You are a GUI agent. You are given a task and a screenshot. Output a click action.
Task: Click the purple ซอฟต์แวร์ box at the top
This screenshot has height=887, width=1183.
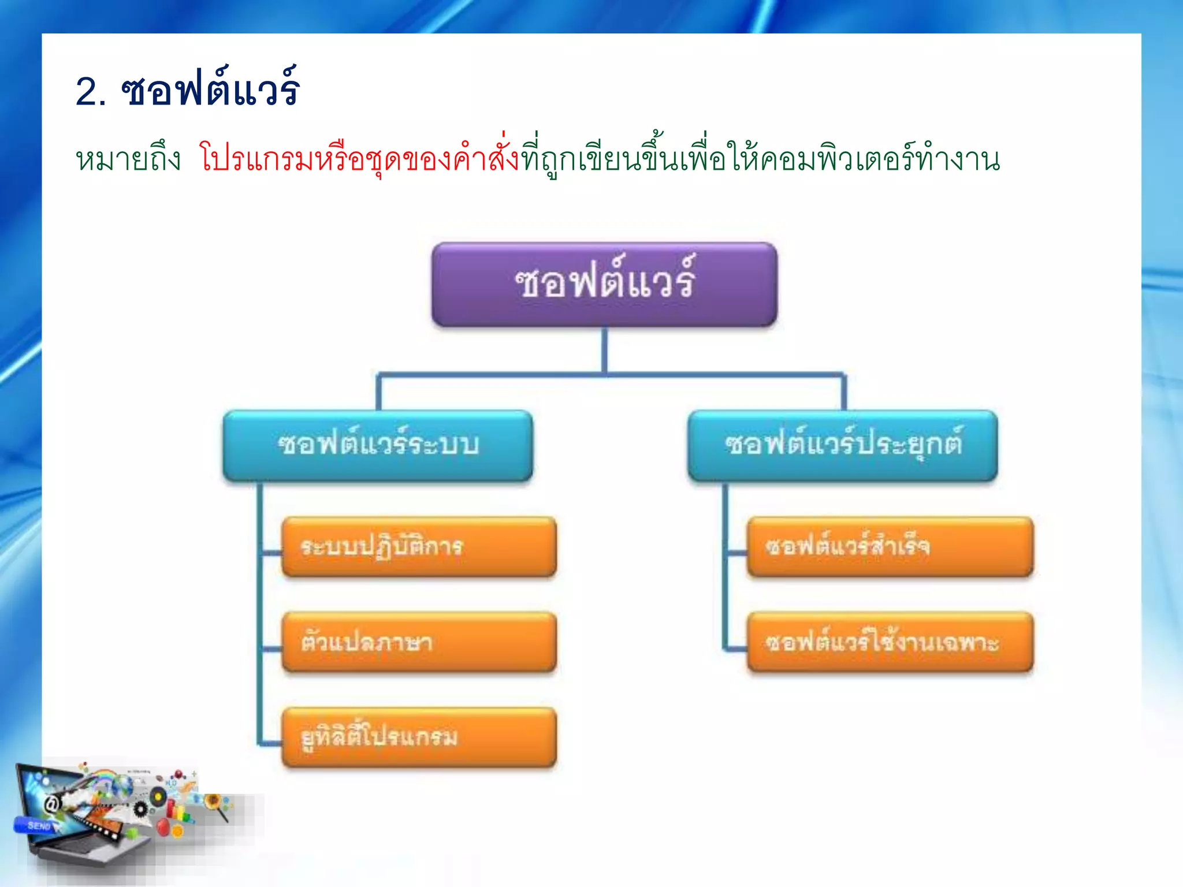click(604, 284)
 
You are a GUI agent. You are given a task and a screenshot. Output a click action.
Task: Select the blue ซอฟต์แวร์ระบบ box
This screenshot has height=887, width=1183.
click(378, 445)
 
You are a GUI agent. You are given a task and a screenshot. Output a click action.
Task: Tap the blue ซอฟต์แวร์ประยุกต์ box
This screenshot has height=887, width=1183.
click(843, 445)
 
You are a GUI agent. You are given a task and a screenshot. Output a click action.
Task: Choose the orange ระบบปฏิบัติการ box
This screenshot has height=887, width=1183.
click(419, 547)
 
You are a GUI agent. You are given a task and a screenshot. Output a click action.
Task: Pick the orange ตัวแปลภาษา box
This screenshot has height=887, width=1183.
click(419, 642)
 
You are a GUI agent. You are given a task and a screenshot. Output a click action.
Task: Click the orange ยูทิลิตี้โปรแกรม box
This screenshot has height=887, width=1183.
click(419, 737)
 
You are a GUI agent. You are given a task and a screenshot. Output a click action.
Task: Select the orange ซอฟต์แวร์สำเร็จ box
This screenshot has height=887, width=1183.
click(890, 547)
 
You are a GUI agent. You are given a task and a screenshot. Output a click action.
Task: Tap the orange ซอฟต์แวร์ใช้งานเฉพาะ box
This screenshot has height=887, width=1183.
click(890, 642)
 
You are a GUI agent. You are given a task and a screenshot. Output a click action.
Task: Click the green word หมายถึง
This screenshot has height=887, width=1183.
click(128, 159)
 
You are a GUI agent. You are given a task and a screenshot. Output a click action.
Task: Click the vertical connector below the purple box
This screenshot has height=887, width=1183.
click(604, 350)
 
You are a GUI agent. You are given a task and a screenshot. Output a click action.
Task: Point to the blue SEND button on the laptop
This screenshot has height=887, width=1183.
click(38, 826)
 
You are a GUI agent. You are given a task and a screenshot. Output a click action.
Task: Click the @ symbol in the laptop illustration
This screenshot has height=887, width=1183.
click(52, 804)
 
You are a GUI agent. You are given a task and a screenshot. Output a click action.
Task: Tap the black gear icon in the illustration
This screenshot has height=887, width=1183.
click(140, 809)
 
